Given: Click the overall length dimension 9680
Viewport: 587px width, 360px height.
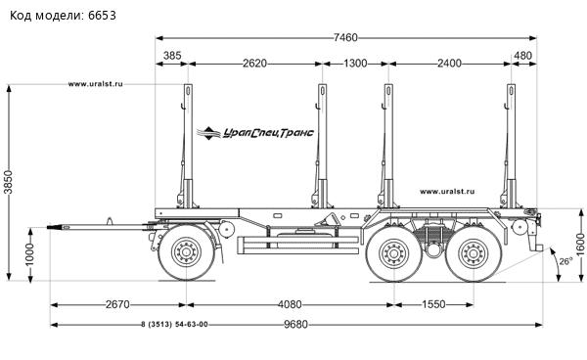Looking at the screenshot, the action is click(x=295, y=324).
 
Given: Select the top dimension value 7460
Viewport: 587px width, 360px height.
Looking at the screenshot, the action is click(x=345, y=38).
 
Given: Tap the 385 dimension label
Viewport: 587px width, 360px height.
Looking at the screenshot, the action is click(x=172, y=56).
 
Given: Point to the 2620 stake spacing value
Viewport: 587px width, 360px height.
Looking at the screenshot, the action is click(x=255, y=64).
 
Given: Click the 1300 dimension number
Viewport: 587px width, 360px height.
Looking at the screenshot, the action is click(x=355, y=64).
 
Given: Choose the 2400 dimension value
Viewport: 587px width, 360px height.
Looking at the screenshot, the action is click(x=449, y=64).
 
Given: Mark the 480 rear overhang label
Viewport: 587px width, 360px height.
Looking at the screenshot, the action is click(x=522, y=56).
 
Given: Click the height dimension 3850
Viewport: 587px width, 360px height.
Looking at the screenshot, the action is click(x=8, y=182).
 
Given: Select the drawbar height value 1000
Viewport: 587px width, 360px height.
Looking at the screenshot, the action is click(x=29, y=254).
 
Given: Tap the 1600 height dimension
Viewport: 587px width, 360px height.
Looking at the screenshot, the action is click(x=580, y=245).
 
